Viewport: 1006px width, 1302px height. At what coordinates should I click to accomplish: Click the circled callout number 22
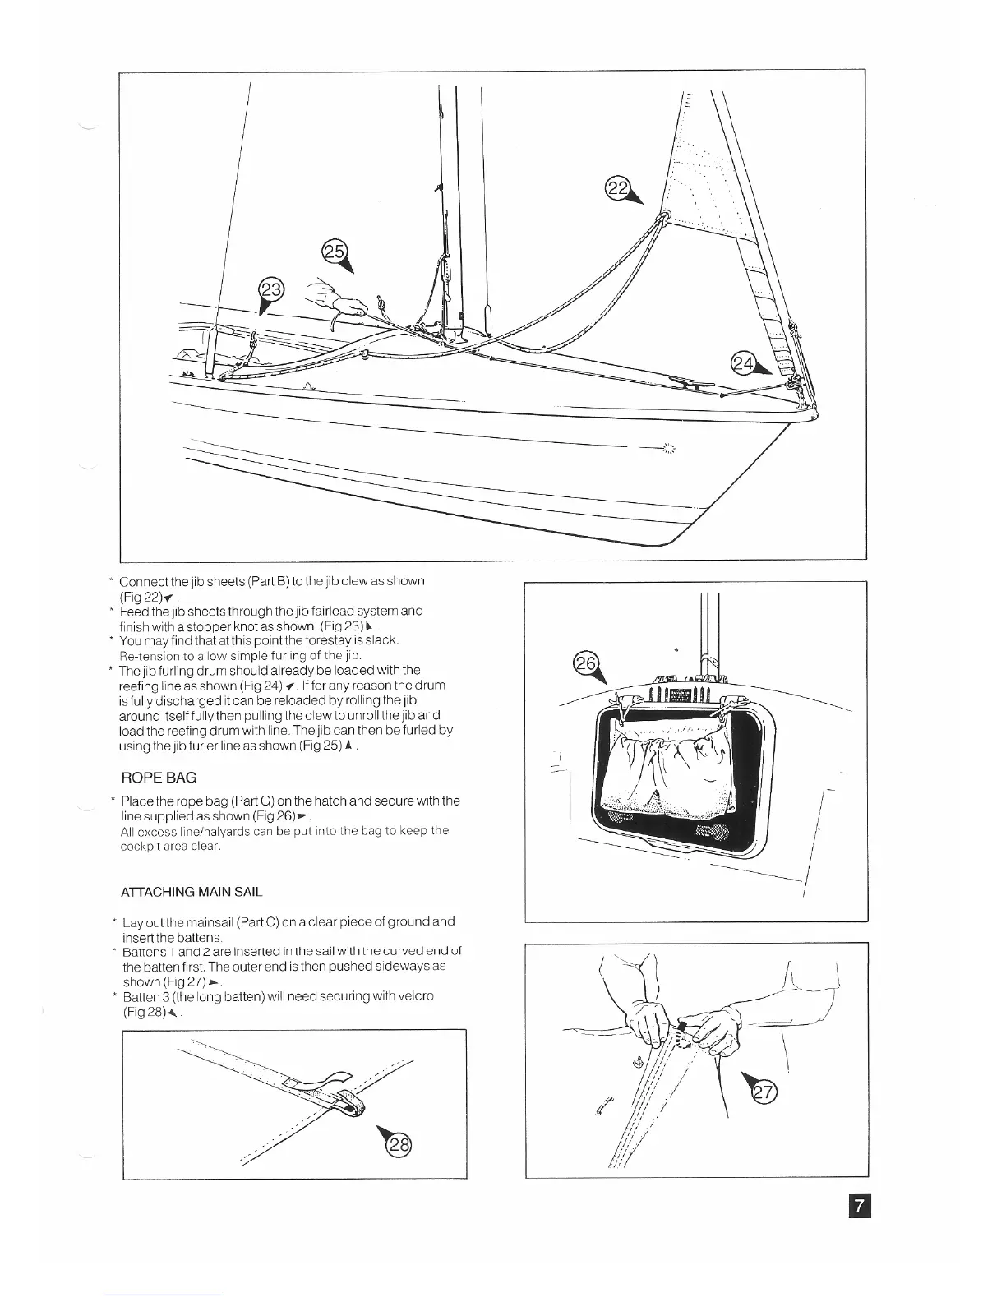[x=616, y=188]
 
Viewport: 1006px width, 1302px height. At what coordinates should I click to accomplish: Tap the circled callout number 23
[x=270, y=289]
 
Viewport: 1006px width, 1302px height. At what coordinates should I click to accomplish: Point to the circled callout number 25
[x=335, y=252]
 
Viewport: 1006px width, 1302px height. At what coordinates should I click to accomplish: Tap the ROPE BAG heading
[x=159, y=777]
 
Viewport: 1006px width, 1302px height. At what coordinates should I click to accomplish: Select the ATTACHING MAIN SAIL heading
[x=192, y=892]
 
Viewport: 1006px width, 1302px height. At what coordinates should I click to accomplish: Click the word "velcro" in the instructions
[x=416, y=996]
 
